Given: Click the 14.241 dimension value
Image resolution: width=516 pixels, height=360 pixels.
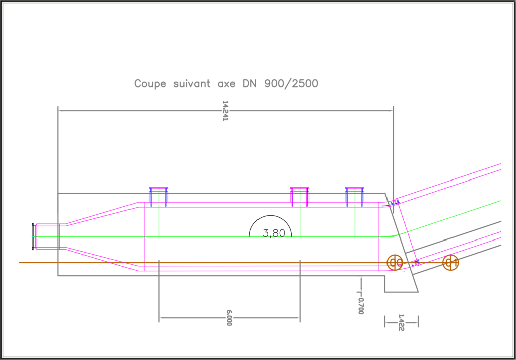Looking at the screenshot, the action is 225,111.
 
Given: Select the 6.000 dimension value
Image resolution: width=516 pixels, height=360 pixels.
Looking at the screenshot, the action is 229,318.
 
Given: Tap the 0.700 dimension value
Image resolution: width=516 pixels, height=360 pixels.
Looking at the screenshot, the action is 361,306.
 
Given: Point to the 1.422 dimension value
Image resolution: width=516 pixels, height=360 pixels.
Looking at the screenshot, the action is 401,323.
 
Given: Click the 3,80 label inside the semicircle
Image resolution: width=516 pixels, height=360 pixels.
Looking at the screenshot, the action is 274,233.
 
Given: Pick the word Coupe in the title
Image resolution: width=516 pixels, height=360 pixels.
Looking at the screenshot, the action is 150,84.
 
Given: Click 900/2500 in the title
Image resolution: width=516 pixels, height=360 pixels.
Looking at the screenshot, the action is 291,84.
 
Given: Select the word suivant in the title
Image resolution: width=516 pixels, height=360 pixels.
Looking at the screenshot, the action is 192,84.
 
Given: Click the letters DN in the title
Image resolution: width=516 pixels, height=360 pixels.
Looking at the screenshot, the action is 250,83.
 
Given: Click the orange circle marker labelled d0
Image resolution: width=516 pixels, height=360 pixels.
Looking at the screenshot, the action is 395,263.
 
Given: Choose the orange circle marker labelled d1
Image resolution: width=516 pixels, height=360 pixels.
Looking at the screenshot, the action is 450,263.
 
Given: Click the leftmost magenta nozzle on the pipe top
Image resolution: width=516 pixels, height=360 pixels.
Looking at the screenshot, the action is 159,197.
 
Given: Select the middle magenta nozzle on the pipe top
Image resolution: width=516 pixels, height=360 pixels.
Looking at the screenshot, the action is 300,197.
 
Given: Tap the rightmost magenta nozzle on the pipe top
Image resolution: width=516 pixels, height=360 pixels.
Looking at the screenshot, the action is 355,197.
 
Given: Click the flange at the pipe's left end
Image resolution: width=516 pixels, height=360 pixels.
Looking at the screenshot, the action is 33,236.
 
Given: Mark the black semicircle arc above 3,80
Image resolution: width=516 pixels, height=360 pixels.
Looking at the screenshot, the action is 271,216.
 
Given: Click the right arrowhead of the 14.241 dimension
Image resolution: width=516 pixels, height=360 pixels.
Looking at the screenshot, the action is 391,111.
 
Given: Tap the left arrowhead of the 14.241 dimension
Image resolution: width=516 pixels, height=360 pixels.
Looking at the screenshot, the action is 60,111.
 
